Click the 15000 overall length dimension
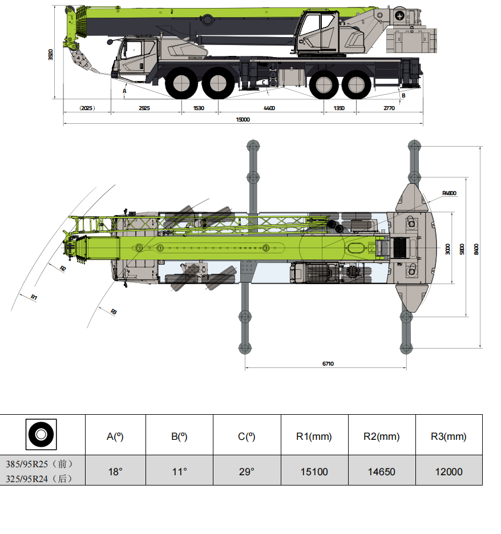[243, 119]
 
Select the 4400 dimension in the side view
[269, 108]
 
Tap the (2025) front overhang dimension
[87, 108]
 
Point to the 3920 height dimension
[51, 54]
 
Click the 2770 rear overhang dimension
[389, 108]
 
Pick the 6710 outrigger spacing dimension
[328, 363]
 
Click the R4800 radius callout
[449, 193]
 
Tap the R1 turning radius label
[34, 297]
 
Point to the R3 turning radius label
[113, 311]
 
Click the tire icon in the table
[41, 435]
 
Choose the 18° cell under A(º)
[115, 472]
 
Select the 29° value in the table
[247, 472]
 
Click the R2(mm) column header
[381, 437]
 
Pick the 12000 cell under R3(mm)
[449, 472]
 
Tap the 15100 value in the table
[314, 472]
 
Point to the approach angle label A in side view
[124, 90]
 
